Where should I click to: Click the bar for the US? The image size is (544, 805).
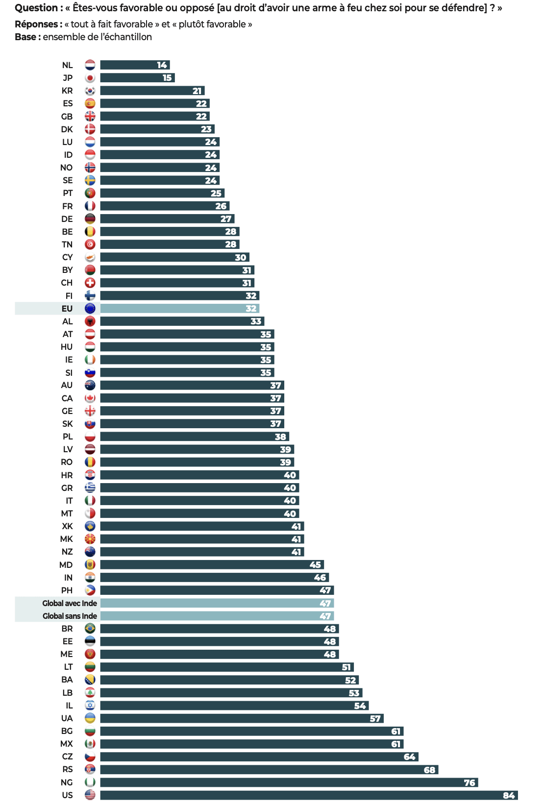click(309, 795)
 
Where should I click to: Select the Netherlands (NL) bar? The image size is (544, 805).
click(135, 65)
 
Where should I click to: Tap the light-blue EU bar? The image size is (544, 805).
click(179, 309)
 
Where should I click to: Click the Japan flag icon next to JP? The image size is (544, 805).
click(90, 78)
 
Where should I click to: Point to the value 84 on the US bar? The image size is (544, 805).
click(509, 795)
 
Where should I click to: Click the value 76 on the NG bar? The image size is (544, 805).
click(470, 782)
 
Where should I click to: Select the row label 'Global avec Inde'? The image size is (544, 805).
click(70, 603)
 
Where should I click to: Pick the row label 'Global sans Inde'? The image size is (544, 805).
click(70, 616)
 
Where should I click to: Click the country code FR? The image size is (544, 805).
click(68, 206)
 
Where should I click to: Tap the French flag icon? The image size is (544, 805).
click(90, 206)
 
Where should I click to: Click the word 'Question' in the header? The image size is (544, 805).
click(36, 8)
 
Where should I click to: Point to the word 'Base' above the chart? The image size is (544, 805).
click(25, 37)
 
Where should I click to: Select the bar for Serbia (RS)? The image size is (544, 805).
click(269, 770)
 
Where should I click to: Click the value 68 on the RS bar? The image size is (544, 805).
click(429, 770)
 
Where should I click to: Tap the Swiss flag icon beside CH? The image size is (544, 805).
click(90, 283)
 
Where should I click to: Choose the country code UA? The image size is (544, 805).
click(67, 718)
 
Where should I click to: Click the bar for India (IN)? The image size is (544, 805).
click(214, 578)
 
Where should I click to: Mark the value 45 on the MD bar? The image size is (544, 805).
click(315, 565)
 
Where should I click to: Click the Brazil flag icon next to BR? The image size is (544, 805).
click(90, 629)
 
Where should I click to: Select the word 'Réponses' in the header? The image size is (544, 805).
click(36, 24)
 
